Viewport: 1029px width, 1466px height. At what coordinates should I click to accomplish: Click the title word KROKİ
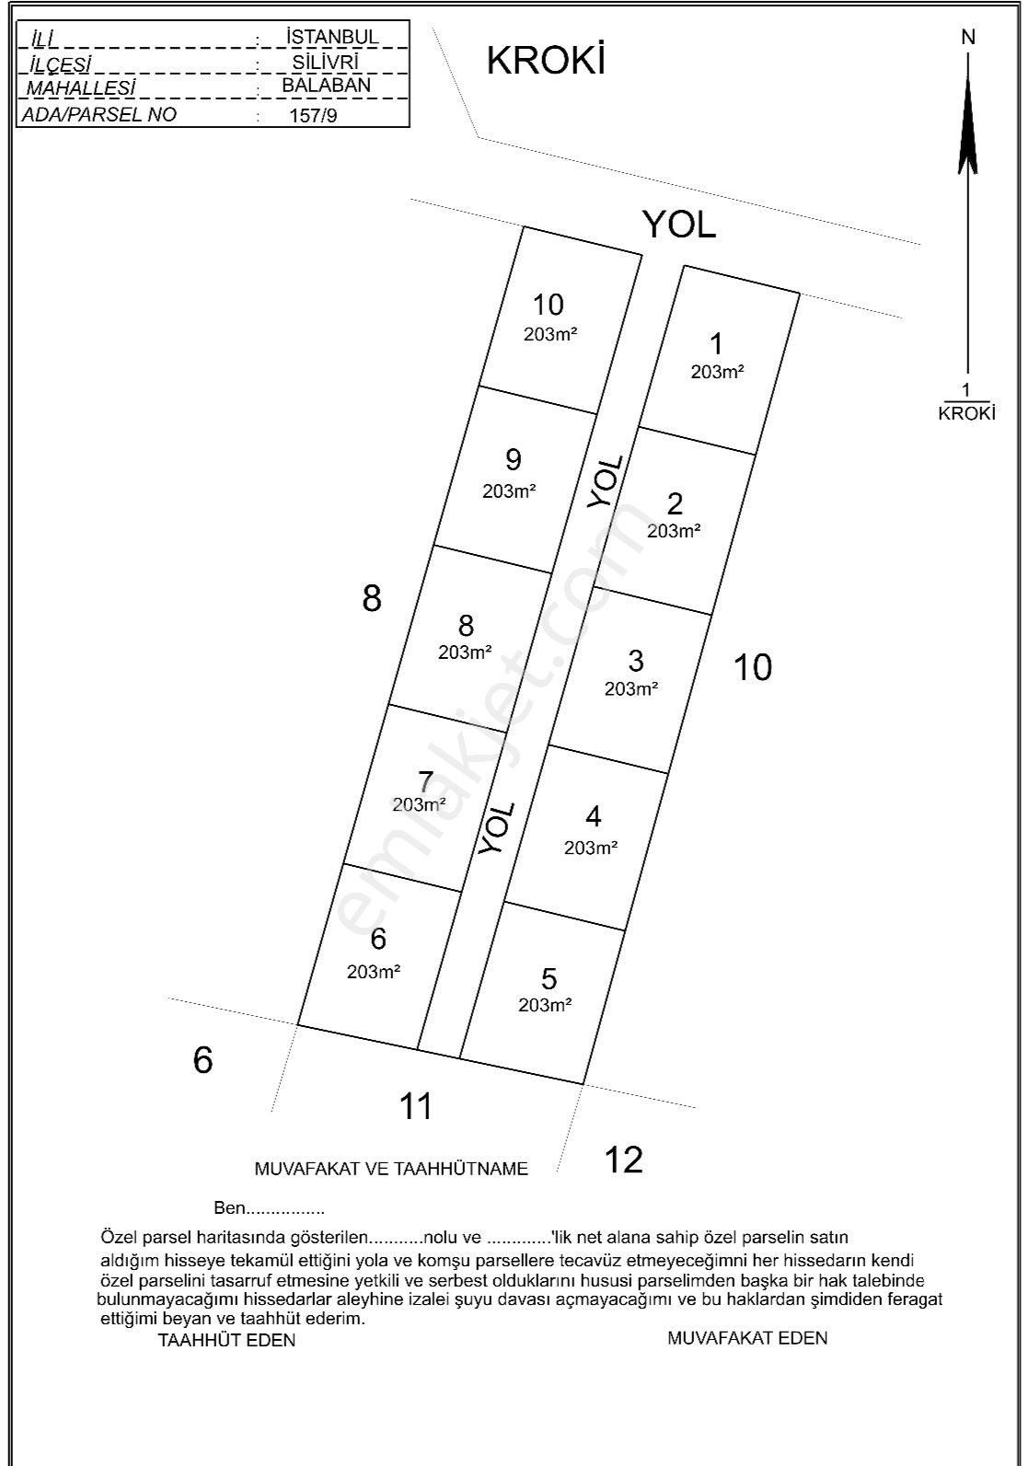pyautogui.click(x=545, y=61)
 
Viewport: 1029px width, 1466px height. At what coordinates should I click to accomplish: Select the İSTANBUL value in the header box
pyautogui.click(x=332, y=37)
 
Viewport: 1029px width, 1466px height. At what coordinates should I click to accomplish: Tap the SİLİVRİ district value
pyautogui.click(x=325, y=62)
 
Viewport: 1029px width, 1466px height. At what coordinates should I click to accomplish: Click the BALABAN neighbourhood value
pyautogui.click(x=327, y=85)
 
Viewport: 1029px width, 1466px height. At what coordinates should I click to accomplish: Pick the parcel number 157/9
pyautogui.click(x=313, y=116)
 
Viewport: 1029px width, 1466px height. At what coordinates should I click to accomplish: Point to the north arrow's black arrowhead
pyautogui.click(x=967, y=129)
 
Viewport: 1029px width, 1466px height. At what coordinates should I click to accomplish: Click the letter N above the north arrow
pyautogui.click(x=968, y=38)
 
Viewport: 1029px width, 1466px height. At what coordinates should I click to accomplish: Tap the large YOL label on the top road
pyautogui.click(x=679, y=224)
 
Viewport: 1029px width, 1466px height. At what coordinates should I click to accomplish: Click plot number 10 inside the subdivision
pyautogui.click(x=549, y=305)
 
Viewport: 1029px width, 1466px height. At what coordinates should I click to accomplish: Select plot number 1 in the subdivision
pyautogui.click(x=716, y=345)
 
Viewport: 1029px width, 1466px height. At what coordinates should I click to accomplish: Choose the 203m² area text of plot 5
pyautogui.click(x=545, y=1005)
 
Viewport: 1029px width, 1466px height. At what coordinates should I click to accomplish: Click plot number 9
pyautogui.click(x=514, y=458)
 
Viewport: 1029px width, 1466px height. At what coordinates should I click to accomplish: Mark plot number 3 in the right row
pyautogui.click(x=635, y=661)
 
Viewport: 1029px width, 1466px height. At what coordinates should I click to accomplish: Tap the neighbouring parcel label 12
pyautogui.click(x=623, y=1160)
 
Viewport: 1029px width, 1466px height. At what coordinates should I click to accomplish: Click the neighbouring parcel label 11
pyautogui.click(x=416, y=1105)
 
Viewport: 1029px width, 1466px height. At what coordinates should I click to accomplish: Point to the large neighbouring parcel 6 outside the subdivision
pyautogui.click(x=202, y=1060)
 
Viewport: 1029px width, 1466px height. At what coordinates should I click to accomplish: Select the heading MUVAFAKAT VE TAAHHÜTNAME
pyautogui.click(x=391, y=1169)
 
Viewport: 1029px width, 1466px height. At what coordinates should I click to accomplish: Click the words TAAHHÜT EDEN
pyautogui.click(x=226, y=1340)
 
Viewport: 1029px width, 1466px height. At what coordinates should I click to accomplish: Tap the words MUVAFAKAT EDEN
pyautogui.click(x=746, y=1338)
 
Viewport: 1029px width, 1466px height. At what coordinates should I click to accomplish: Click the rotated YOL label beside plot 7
pyautogui.click(x=497, y=828)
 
